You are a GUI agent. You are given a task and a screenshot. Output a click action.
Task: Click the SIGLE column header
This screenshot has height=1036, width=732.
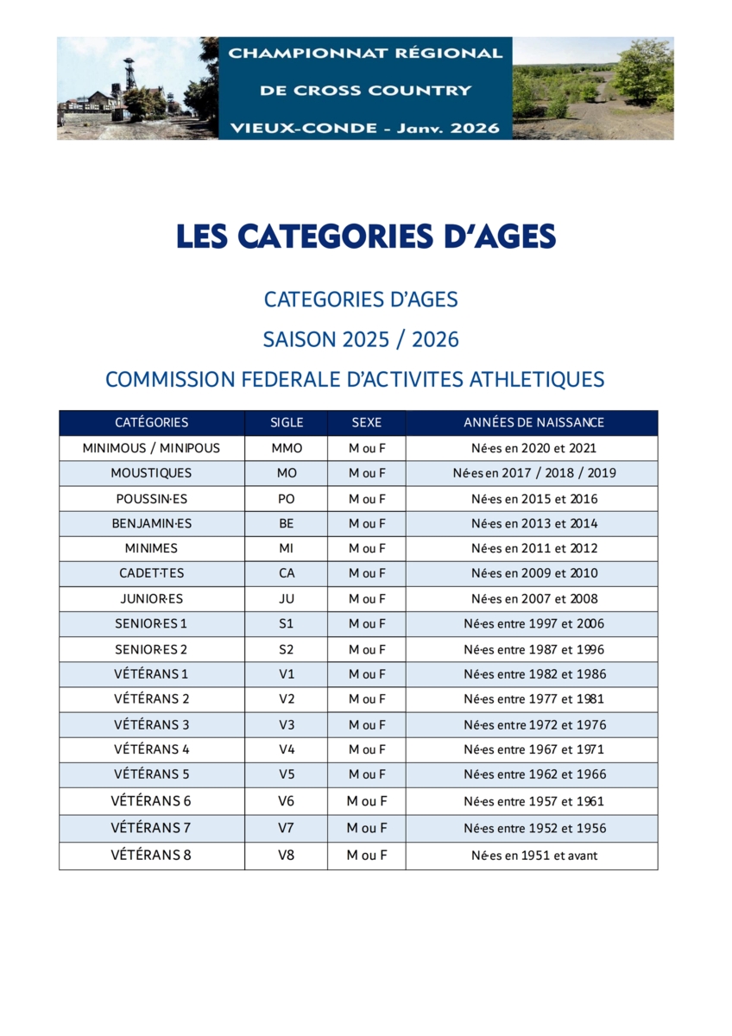point(287,423)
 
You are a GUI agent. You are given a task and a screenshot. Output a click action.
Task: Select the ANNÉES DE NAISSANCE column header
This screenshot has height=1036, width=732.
point(533,423)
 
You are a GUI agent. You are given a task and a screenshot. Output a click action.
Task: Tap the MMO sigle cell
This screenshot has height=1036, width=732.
point(287,448)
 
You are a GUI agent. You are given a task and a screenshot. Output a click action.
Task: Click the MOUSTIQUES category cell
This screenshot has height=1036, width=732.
point(151,473)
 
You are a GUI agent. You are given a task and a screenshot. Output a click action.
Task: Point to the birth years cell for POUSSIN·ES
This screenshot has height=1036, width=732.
point(533,498)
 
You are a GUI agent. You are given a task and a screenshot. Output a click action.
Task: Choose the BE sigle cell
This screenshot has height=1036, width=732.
point(287,523)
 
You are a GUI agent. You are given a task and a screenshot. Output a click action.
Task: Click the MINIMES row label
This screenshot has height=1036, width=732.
point(151,548)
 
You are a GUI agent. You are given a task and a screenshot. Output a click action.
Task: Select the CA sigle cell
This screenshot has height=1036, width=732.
point(287,573)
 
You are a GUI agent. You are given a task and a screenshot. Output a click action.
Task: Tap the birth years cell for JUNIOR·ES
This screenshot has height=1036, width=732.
point(533,598)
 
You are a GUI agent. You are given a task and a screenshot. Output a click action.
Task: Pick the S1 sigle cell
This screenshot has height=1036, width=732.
point(287,623)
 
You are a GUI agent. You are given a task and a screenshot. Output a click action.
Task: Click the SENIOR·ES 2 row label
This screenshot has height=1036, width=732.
point(151,649)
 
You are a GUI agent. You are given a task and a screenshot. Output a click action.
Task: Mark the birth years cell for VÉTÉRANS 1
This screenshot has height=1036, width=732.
point(533,674)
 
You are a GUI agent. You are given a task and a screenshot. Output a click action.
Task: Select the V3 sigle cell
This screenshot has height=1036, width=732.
point(287,724)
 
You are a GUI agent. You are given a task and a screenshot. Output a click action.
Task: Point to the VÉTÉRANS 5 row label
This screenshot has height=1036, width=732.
point(151,774)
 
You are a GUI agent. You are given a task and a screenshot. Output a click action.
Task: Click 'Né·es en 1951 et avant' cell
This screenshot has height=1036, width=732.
point(533,856)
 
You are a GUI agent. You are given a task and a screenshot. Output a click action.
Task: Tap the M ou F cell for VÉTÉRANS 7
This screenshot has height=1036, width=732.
point(367,828)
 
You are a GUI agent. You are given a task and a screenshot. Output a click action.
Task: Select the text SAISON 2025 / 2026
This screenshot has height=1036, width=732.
point(361,339)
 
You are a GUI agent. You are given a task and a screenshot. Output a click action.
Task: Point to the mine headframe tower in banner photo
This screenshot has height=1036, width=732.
point(129,73)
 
